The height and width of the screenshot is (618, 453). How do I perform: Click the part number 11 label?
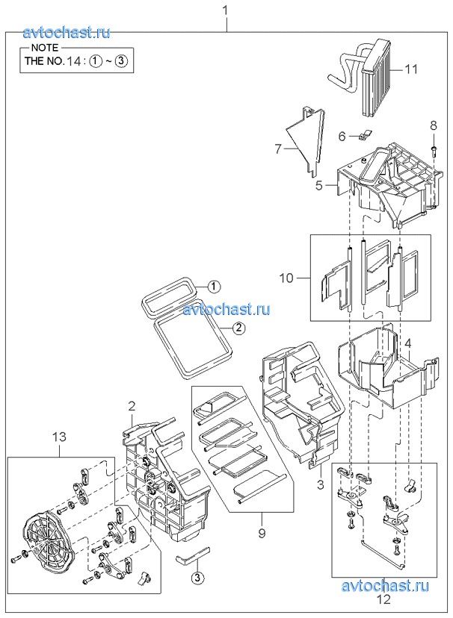[410, 69]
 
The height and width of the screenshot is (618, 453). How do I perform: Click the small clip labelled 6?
[365, 135]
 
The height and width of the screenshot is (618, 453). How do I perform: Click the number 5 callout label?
[319, 186]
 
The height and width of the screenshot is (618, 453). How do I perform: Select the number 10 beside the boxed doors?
[287, 278]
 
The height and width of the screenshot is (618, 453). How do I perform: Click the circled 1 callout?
[214, 286]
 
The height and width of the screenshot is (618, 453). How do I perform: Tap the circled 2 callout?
[238, 328]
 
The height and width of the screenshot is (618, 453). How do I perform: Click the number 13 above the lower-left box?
[59, 437]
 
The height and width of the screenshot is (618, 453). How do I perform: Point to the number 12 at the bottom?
[383, 599]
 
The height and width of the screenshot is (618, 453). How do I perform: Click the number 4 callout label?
[407, 343]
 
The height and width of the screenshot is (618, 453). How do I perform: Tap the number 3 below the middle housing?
[321, 484]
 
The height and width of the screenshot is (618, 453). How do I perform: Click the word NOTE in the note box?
[44, 48]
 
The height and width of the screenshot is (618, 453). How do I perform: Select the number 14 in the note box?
[75, 61]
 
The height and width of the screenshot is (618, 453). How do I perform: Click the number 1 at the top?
[226, 10]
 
